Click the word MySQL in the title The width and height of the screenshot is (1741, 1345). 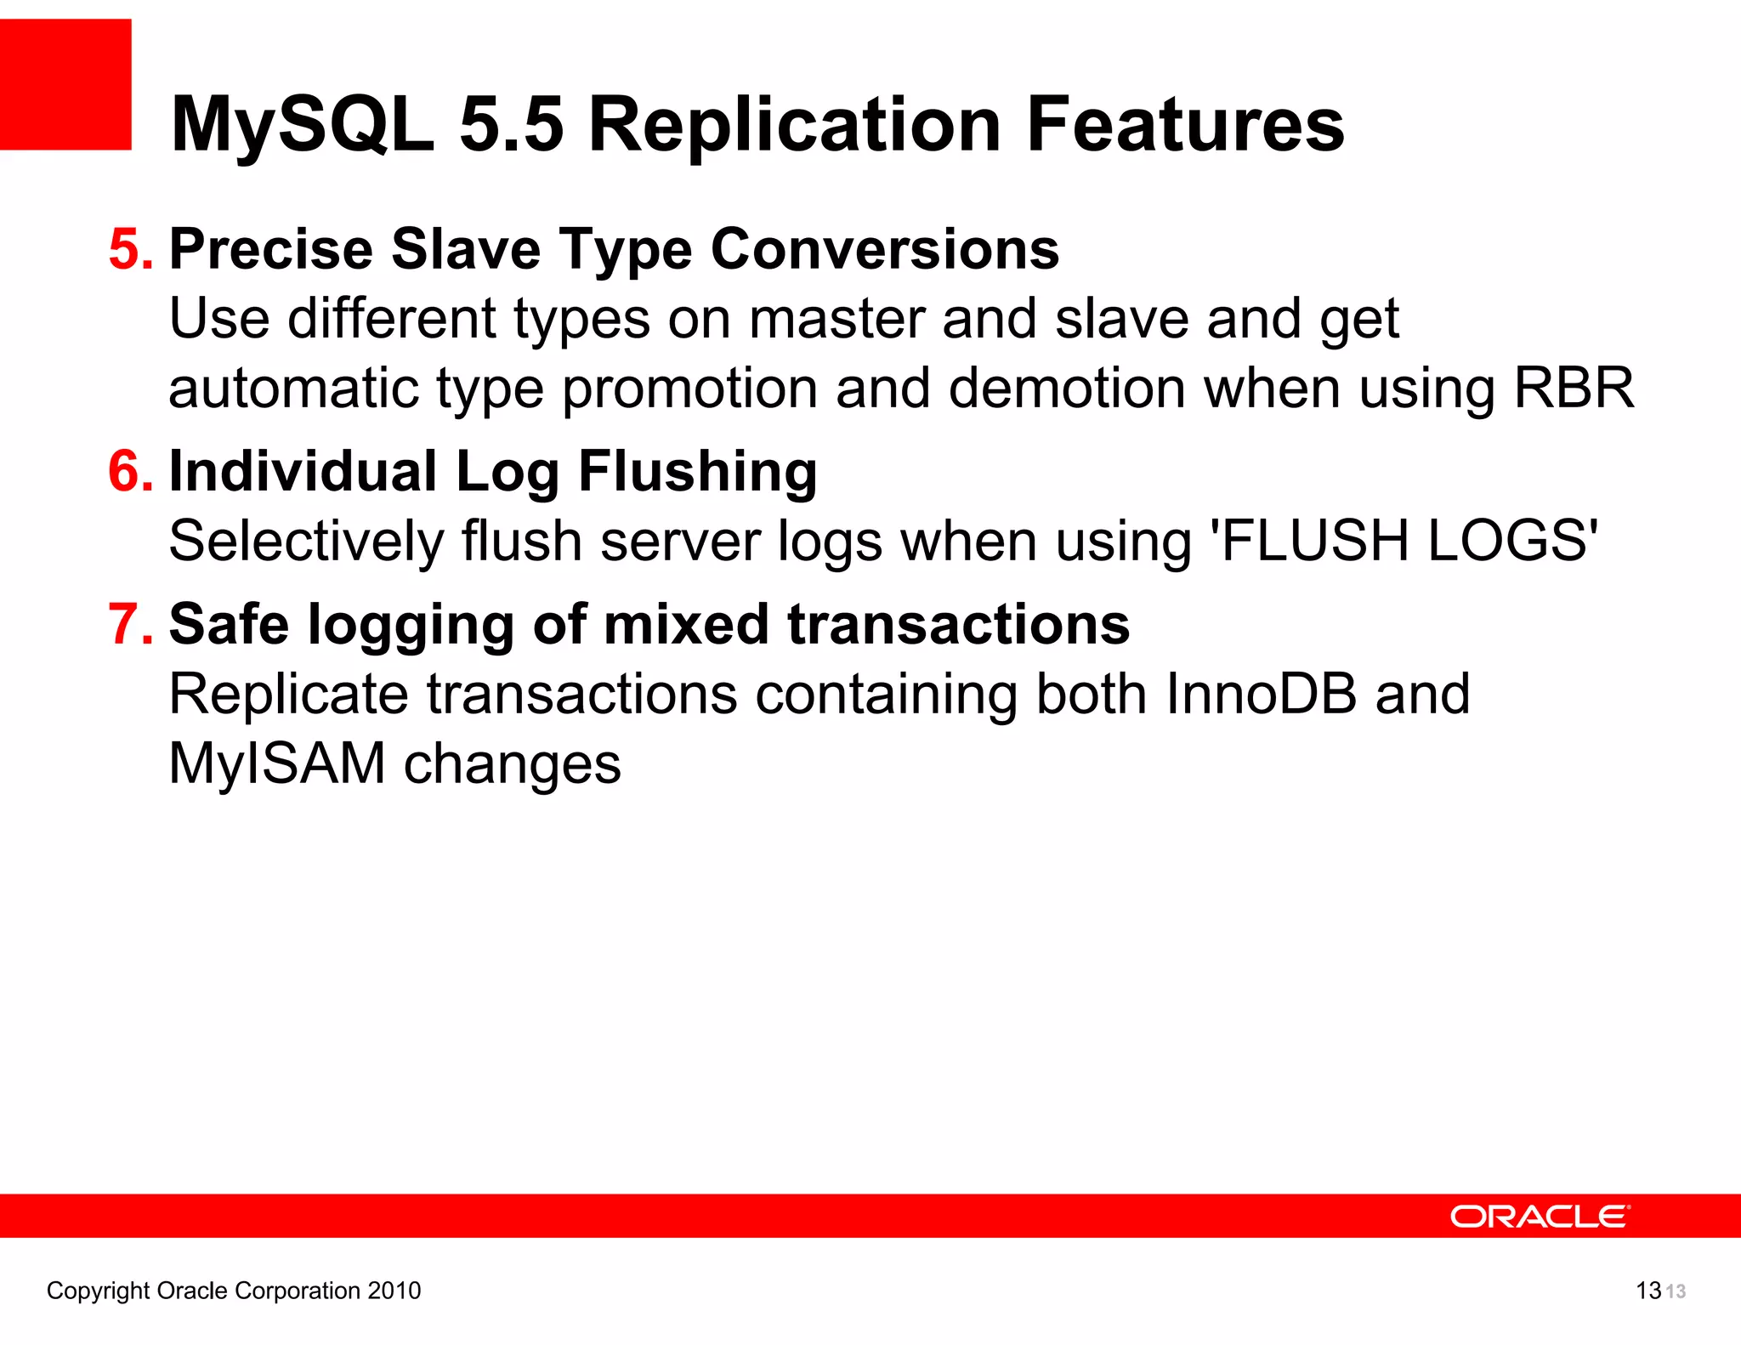click(302, 126)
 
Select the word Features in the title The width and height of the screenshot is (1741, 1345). click(1185, 126)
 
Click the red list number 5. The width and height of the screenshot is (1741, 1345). click(131, 250)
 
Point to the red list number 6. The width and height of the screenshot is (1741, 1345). click(131, 472)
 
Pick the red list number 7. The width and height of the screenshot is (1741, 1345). click(131, 625)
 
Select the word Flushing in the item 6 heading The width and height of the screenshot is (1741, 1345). click(697, 472)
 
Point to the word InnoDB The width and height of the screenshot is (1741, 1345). click(1261, 695)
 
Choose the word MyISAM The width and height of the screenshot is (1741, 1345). click(277, 763)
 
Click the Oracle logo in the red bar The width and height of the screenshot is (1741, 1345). click(1540, 1217)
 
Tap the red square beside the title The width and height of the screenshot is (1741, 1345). click(65, 84)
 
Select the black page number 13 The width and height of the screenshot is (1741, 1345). click(1647, 1291)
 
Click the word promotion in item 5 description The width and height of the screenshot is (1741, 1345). click(689, 389)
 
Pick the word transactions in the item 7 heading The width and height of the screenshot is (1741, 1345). click(958, 625)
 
